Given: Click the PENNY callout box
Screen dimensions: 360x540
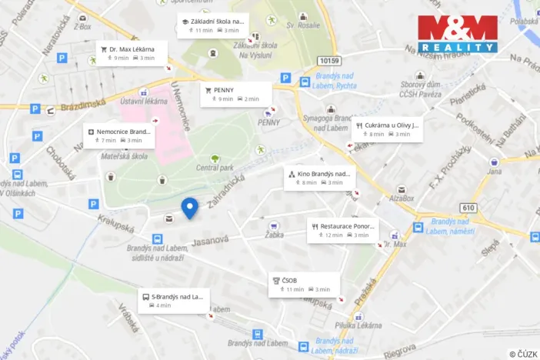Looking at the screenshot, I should click(x=236, y=94).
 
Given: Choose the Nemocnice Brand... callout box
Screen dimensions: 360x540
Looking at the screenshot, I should click(x=120, y=135).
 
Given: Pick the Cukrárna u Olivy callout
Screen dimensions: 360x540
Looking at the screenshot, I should click(x=387, y=128).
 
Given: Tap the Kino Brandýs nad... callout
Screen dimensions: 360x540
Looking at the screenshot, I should click(x=319, y=178).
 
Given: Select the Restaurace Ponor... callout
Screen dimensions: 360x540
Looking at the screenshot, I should click(x=342, y=230).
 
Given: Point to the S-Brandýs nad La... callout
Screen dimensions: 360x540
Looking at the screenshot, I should click(x=174, y=300).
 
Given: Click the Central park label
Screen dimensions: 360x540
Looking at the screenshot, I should click(x=215, y=167).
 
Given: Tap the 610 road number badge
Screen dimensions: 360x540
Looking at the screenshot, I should click(x=468, y=208).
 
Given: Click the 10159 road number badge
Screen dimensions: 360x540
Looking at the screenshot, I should click(x=328, y=60).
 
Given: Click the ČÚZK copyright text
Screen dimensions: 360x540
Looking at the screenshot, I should click(x=523, y=354).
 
